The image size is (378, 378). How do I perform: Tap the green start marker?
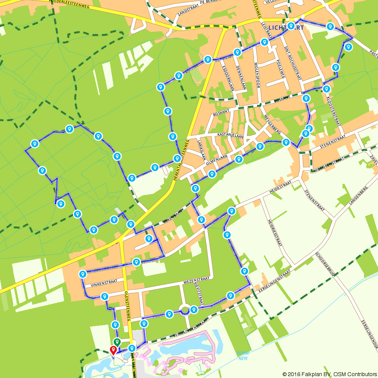[117, 342]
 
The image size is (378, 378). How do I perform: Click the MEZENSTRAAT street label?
[196, 279]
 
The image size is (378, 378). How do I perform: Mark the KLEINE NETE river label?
[243, 355]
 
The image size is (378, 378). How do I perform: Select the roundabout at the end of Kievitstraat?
[185, 310]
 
